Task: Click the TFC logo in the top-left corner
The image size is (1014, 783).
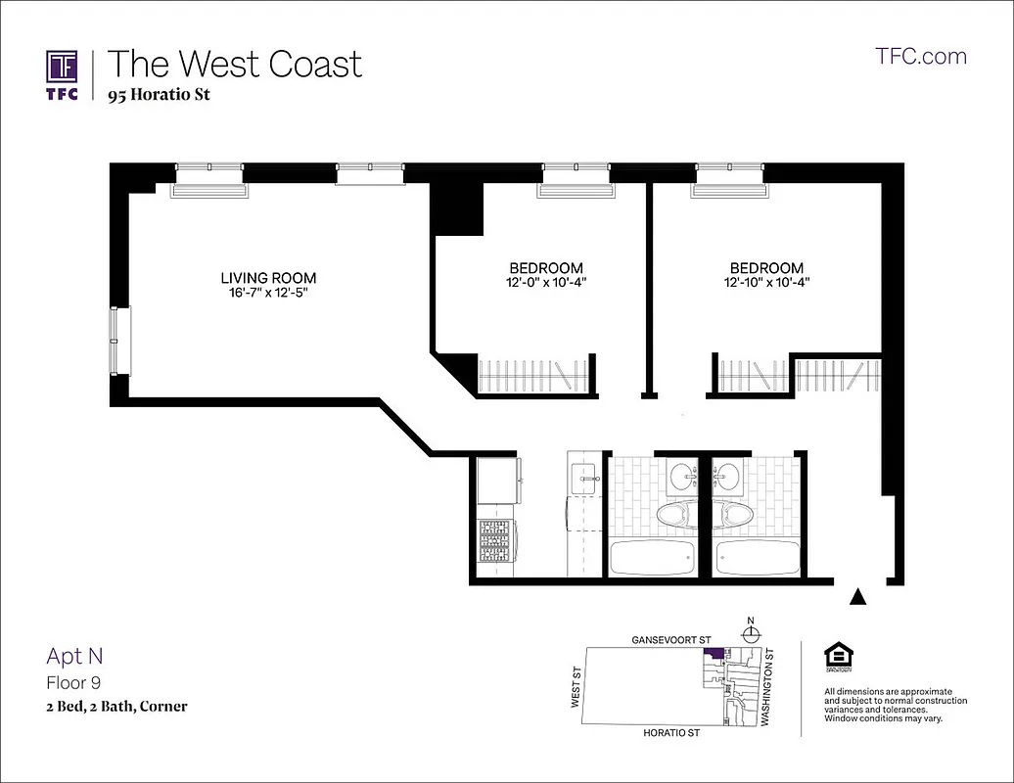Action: point(63,74)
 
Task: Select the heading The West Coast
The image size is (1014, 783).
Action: point(234,64)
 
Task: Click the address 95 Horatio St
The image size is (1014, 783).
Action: point(159,95)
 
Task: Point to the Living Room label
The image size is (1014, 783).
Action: point(268,278)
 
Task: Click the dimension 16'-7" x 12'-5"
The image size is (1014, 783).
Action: point(268,293)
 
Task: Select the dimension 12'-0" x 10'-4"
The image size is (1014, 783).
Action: point(545,283)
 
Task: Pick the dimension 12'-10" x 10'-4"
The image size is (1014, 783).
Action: point(766,283)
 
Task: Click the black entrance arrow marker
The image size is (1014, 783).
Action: point(858,596)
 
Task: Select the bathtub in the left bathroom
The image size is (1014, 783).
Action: point(651,558)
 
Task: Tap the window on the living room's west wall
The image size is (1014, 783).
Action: point(118,340)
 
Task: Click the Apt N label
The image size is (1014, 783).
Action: point(74,657)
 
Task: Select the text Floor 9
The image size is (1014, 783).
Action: point(73,682)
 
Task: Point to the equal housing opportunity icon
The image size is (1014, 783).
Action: point(838,657)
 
